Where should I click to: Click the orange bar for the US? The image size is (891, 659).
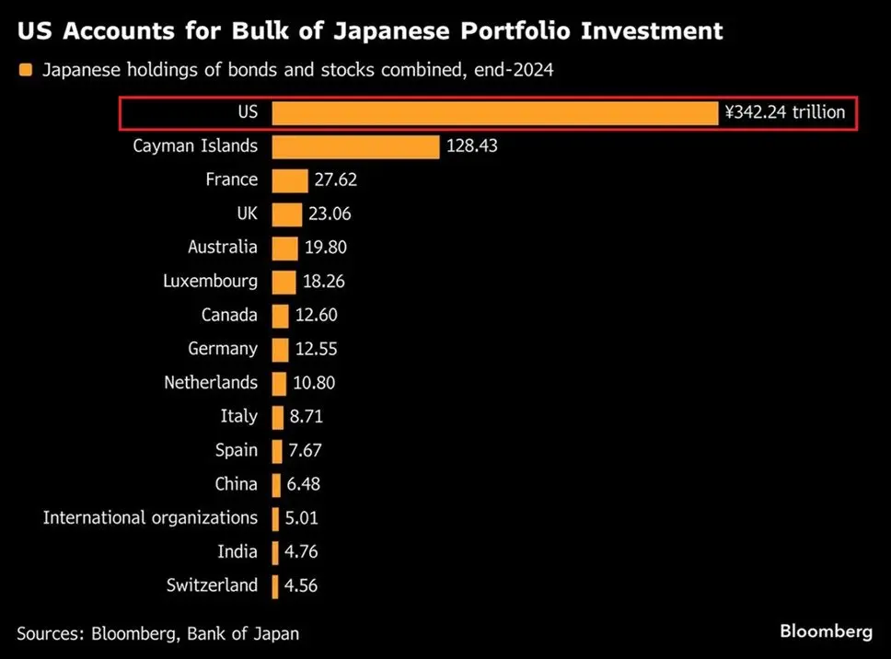coord(494,113)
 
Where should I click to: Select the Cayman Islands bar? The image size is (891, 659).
coord(355,146)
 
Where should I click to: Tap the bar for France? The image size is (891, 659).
coord(290,180)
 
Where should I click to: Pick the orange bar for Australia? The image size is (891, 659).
coord(285,248)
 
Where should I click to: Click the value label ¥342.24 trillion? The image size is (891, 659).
coord(785,113)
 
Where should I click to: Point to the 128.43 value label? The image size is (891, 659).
coord(471,146)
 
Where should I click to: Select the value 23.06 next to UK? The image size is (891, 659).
coord(330,214)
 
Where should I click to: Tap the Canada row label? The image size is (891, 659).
coord(230,316)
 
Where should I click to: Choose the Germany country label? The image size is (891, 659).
coord(223,349)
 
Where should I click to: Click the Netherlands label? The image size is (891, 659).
coord(211,383)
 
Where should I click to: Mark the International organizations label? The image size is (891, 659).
coord(150,518)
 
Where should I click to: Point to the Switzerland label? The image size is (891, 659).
coord(213,585)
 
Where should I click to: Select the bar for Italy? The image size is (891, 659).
coord(278,417)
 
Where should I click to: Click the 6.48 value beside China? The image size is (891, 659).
coord(305,484)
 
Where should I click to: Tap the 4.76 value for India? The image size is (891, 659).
coord(303,552)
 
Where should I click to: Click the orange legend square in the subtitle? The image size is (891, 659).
coord(25,71)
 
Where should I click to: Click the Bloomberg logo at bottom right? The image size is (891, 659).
coord(826,631)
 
